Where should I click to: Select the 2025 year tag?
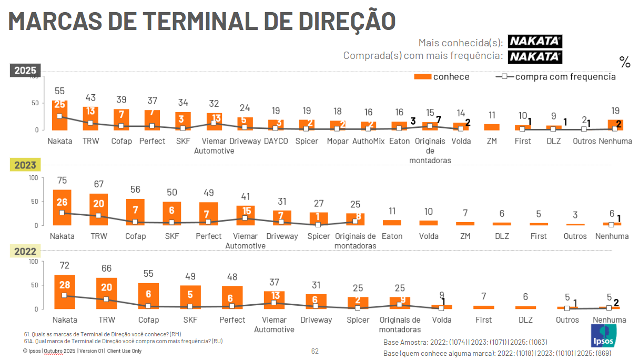25,70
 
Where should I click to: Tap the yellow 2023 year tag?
25,165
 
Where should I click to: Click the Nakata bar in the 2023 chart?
62,207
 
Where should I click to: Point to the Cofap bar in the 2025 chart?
121,119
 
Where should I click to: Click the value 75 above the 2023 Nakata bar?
62,181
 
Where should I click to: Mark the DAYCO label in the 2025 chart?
276,141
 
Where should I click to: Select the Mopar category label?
338,141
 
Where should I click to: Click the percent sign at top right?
625,63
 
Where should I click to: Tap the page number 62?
315,351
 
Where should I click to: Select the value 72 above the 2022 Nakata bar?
65,265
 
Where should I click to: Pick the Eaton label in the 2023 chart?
392,236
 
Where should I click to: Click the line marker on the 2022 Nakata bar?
65,295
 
